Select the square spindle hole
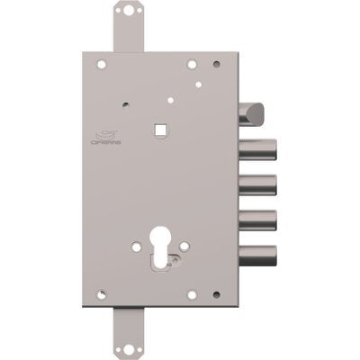pyautogui.click(x=160, y=129)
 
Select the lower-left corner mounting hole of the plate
pyautogui.click(x=103, y=293)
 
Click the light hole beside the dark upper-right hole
pyautogui.click(x=192, y=66)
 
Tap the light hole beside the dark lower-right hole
pyautogui.click(x=192, y=293)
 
